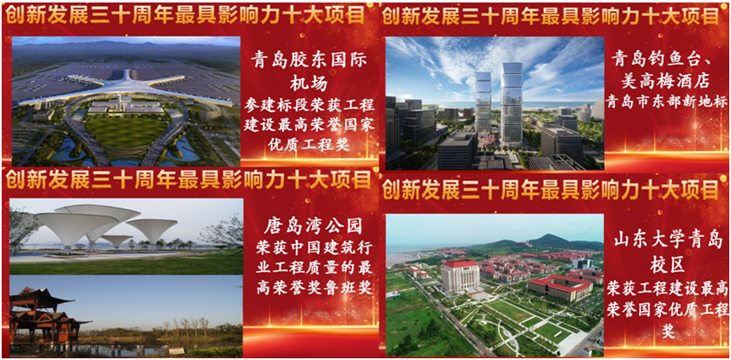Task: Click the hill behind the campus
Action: [x=555, y=241]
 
